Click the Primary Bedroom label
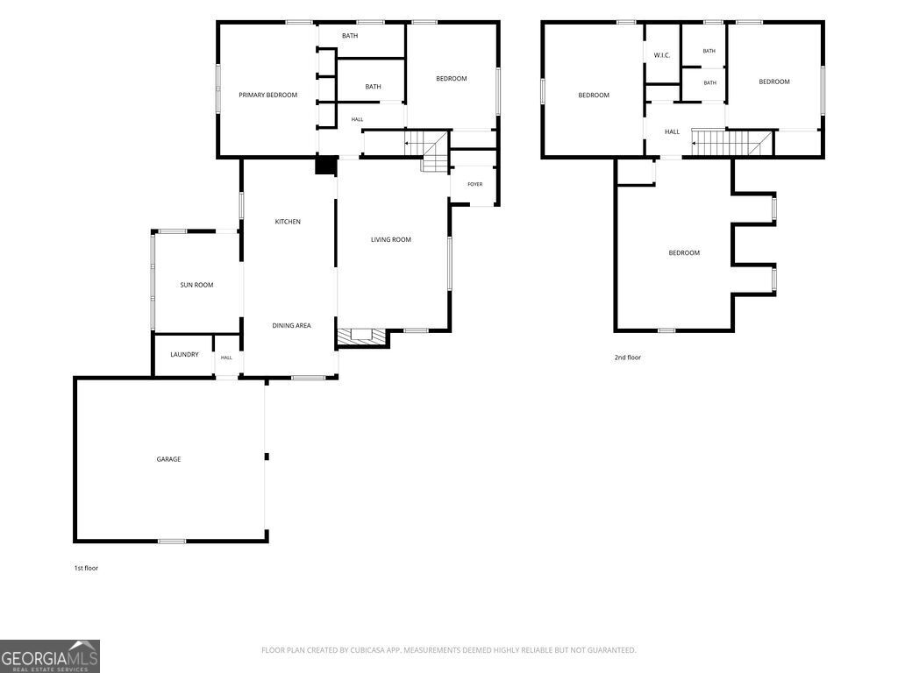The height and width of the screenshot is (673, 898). point(268,95)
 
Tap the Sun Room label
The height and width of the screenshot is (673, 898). point(196,285)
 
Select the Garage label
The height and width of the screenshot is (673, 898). point(168,459)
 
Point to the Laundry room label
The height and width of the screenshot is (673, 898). point(184,355)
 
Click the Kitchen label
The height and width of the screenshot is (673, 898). point(288,222)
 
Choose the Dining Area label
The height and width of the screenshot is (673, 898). point(291,326)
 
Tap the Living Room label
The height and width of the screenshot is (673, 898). point(391,240)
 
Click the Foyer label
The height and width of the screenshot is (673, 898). point(474,184)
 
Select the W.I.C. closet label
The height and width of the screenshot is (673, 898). point(662,55)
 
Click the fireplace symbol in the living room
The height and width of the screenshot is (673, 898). point(362,336)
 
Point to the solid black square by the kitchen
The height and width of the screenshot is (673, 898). point(326,165)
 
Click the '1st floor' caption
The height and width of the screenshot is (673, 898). point(86,568)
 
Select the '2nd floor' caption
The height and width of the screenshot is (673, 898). point(628,358)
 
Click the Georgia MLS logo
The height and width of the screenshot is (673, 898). point(50,656)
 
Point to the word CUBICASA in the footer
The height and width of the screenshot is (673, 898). point(369,650)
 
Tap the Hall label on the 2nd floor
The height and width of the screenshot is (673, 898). point(673,131)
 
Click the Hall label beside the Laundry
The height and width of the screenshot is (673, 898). point(226,358)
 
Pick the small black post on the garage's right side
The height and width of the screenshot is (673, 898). point(267,457)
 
